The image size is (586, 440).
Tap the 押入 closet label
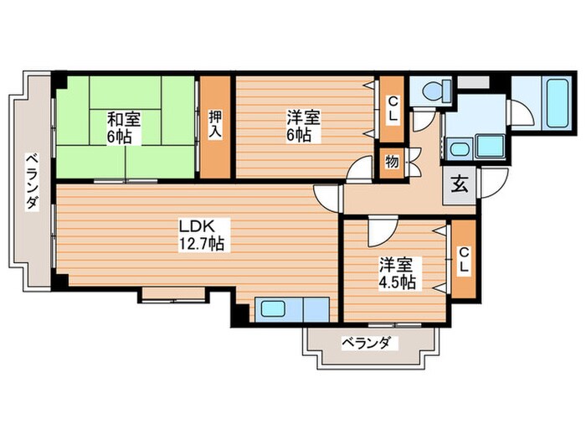pos(214,128)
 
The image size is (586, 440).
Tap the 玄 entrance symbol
pos(461,186)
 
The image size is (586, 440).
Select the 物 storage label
pos(391,160)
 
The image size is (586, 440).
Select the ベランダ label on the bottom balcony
pos(366,342)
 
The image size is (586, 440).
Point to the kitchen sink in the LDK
pos(275,308)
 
